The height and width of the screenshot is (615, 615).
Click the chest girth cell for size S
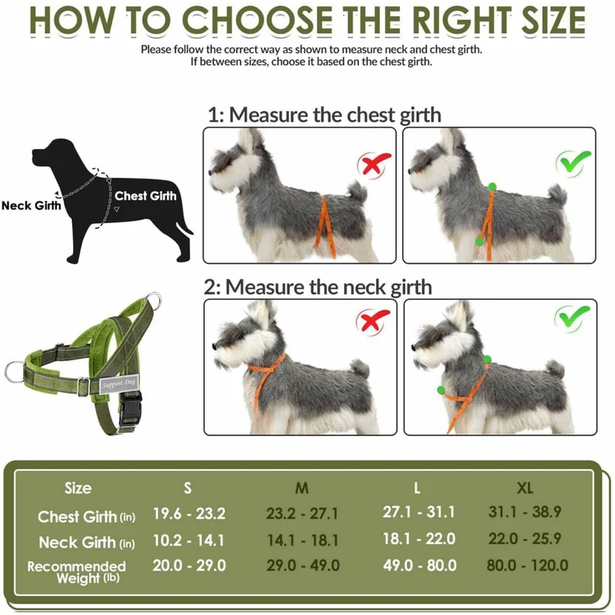[189, 514]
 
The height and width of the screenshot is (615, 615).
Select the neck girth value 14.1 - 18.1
[302, 540]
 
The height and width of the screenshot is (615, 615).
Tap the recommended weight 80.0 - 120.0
[527, 565]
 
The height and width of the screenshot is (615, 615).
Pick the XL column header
[525, 488]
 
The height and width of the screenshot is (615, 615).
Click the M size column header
[301, 488]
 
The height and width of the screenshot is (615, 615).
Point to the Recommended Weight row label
[77, 572]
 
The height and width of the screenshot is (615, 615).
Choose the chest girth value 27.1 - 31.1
[418, 512]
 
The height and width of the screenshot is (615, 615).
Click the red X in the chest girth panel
[374, 165]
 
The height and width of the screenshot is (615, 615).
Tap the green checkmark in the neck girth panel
[572, 317]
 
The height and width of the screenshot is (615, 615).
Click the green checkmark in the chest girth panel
[573, 162]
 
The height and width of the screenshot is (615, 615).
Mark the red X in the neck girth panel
[373, 321]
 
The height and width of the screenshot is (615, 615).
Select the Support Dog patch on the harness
[118, 384]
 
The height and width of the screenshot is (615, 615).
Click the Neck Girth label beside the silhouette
[32, 205]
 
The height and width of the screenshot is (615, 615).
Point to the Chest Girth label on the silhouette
[145, 195]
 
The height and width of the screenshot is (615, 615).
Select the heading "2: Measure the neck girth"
[317, 287]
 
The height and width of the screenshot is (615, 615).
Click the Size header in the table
[78, 488]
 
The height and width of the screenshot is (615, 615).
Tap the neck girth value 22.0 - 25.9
[525, 539]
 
